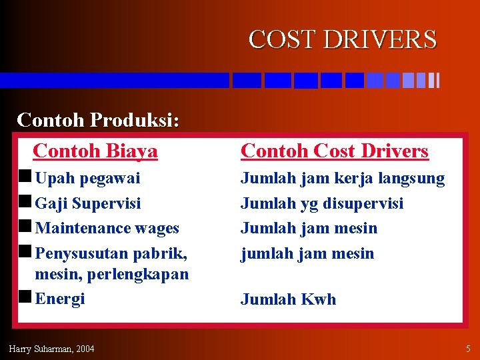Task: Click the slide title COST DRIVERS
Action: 343,39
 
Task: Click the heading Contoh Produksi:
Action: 98,120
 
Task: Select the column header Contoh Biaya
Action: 95,151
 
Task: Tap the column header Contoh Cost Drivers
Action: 334,151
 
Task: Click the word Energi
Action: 60,299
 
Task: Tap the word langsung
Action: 411,179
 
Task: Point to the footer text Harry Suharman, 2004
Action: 51,349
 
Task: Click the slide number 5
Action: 467,349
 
